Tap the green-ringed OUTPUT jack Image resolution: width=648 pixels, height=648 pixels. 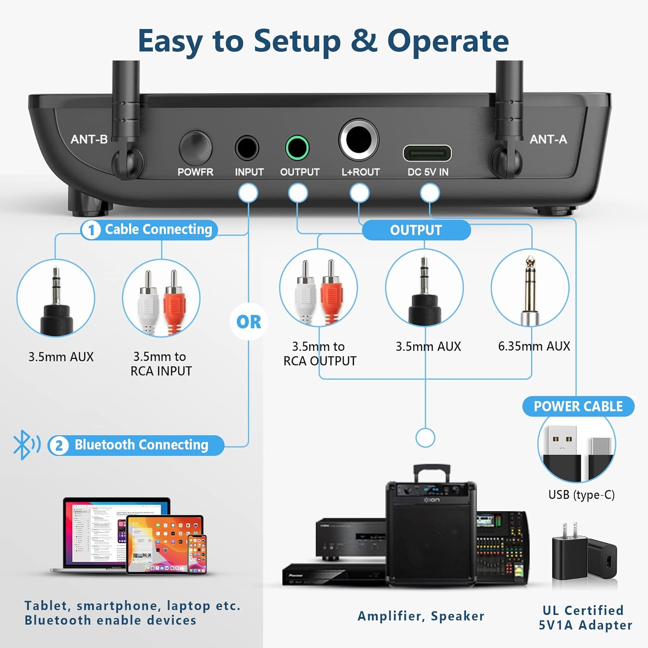pyautogui.click(x=297, y=148)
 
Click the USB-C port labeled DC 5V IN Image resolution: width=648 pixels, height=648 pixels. pyautogui.click(x=427, y=153)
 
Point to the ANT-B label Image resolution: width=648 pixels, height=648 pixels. pyautogui.click(x=89, y=139)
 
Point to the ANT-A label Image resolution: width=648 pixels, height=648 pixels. pyautogui.click(x=548, y=139)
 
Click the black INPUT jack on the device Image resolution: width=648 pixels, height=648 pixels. pyautogui.click(x=247, y=148)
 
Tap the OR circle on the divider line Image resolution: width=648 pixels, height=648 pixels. pyautogui.click(x=249, y=322)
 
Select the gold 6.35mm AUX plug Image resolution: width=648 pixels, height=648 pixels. pyautogui.click(x=530, y=287)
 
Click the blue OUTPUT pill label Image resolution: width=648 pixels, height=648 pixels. pyautogui.click(x=416, y=230)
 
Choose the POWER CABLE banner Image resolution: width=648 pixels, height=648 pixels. pyautogui.click(x=578, y=407)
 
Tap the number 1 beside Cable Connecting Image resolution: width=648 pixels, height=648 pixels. pyautogui.click(x=91, y=230)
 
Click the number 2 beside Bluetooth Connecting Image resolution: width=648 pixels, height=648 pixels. pyautogui.click(x=59, y=445)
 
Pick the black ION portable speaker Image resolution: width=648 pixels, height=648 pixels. pyautogui.click(x=431, y=531)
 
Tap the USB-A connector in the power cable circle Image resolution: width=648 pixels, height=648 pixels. pyautogui.click(x=560, y=449)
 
